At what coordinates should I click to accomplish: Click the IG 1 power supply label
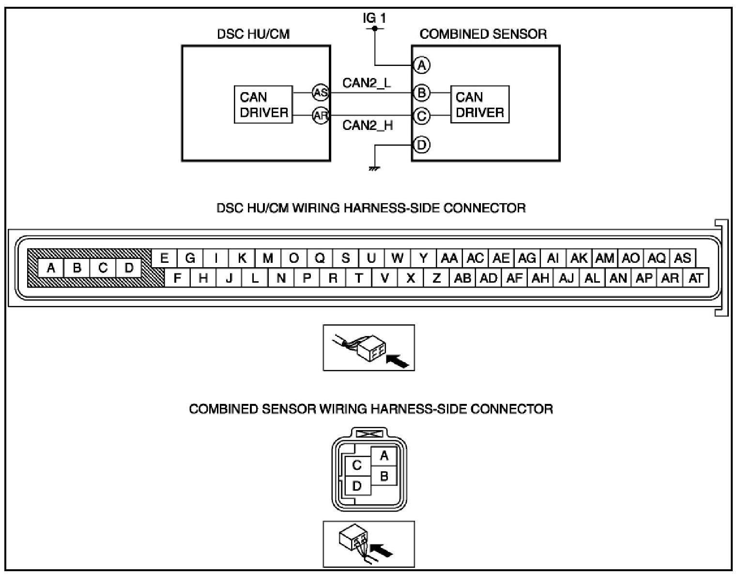point(374,18)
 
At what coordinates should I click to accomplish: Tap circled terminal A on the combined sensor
point(422,65)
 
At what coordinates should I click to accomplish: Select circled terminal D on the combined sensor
point(422,144)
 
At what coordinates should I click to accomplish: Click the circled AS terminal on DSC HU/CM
point(320,92)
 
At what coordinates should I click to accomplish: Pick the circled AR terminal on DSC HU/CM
point(320,115)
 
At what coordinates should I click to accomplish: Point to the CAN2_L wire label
point(367,83)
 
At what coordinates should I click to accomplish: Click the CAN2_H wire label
point(368,125)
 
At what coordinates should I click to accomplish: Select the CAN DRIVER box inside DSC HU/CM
point(263,104)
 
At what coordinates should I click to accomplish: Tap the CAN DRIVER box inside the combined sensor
point(479,104)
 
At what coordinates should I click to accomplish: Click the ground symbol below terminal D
point(374,168)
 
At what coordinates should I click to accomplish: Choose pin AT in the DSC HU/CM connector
point(695,278)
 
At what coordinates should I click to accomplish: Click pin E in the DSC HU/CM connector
point(165,258)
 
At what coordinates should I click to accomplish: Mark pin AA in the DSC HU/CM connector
point(449,258)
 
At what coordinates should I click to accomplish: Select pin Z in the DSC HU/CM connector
point(436,278)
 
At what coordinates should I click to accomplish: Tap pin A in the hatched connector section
point(51,268)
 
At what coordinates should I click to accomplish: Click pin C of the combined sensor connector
point(357,465)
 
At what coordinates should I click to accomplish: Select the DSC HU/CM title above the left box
point(253,34)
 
